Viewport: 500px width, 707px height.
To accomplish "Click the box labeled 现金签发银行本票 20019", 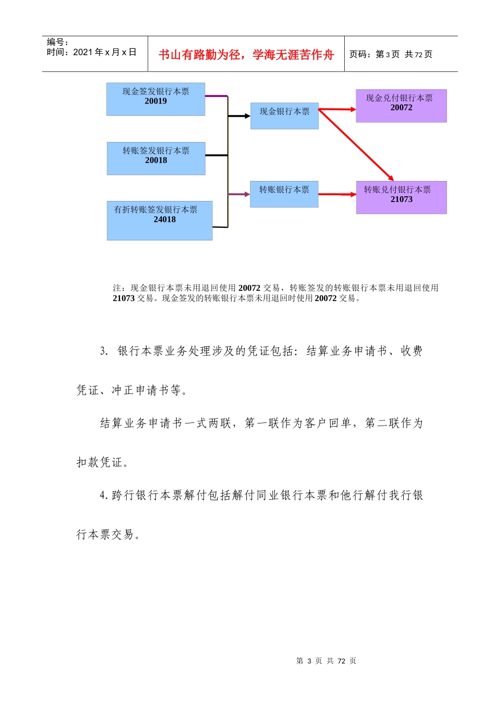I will coord(155,99).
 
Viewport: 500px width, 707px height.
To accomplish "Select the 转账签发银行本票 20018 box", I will coord(156,158).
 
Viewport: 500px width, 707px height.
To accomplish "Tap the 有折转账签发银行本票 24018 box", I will coord(159,220).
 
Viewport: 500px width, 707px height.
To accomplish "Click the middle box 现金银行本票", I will coord(284,116).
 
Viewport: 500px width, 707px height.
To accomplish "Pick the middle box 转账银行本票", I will coord(284,194).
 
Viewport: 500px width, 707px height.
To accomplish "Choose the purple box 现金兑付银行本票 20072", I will coord(401,106).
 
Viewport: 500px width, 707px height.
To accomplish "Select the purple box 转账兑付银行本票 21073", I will coord(401,197).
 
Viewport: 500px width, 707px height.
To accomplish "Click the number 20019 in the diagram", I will coord(156,101).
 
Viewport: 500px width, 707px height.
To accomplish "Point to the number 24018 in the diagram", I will coord(165,219).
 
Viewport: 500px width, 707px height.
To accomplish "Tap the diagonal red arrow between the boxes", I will coord(356,145).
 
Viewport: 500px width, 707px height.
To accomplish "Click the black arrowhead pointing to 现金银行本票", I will coord(247,116).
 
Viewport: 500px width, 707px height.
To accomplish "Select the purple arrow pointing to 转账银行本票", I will coord(239,194).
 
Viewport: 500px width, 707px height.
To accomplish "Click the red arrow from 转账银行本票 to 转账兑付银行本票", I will coord(337,194).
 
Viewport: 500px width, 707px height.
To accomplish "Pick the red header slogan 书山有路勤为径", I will coord(246,55).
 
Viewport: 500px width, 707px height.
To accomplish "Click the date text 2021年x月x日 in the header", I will coord(105,52).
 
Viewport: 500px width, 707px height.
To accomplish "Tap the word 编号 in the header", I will coord(56,42).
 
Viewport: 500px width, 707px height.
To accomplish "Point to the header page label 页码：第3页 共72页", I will coord(391,54).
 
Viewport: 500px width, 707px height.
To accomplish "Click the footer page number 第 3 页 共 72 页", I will coord(326,661).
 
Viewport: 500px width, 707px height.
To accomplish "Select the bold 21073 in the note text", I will coord(124,298).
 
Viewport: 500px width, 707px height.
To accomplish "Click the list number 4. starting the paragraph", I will coord(104,496).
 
